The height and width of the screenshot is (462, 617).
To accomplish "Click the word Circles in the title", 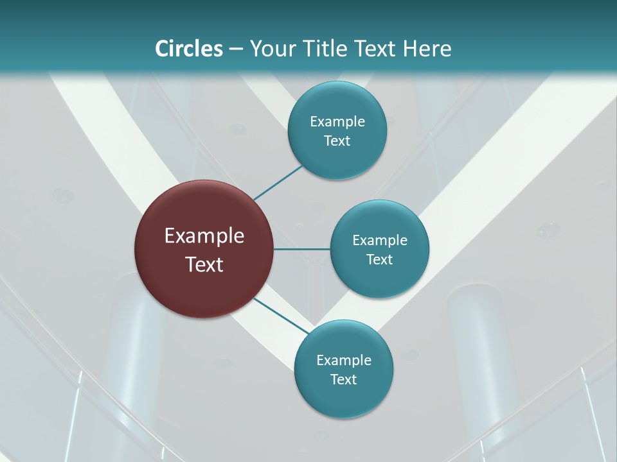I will (x=188, y=49).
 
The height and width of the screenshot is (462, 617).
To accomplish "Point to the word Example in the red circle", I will (x=204, y=236).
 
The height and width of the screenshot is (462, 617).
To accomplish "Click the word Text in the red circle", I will (x=204, y=264).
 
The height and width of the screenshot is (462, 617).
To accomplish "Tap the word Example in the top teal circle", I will (x=337, y=121).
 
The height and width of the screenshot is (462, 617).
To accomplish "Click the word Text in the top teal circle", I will (x=337, y=141).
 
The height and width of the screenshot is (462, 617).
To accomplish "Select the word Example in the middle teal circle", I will (x=380, y=240).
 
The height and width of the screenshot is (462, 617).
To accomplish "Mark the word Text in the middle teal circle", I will (x=379, y=259).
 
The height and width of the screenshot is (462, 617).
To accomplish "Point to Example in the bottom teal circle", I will (x=344, y=360).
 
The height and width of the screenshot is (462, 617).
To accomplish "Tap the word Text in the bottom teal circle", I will (x=343, y=379).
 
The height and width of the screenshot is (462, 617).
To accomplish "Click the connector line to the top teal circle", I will (x=278, y=183).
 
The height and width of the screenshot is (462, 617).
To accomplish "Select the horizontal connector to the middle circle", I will (x=301, y=249).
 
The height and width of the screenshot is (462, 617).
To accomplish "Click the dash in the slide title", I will (x=236, y=49).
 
